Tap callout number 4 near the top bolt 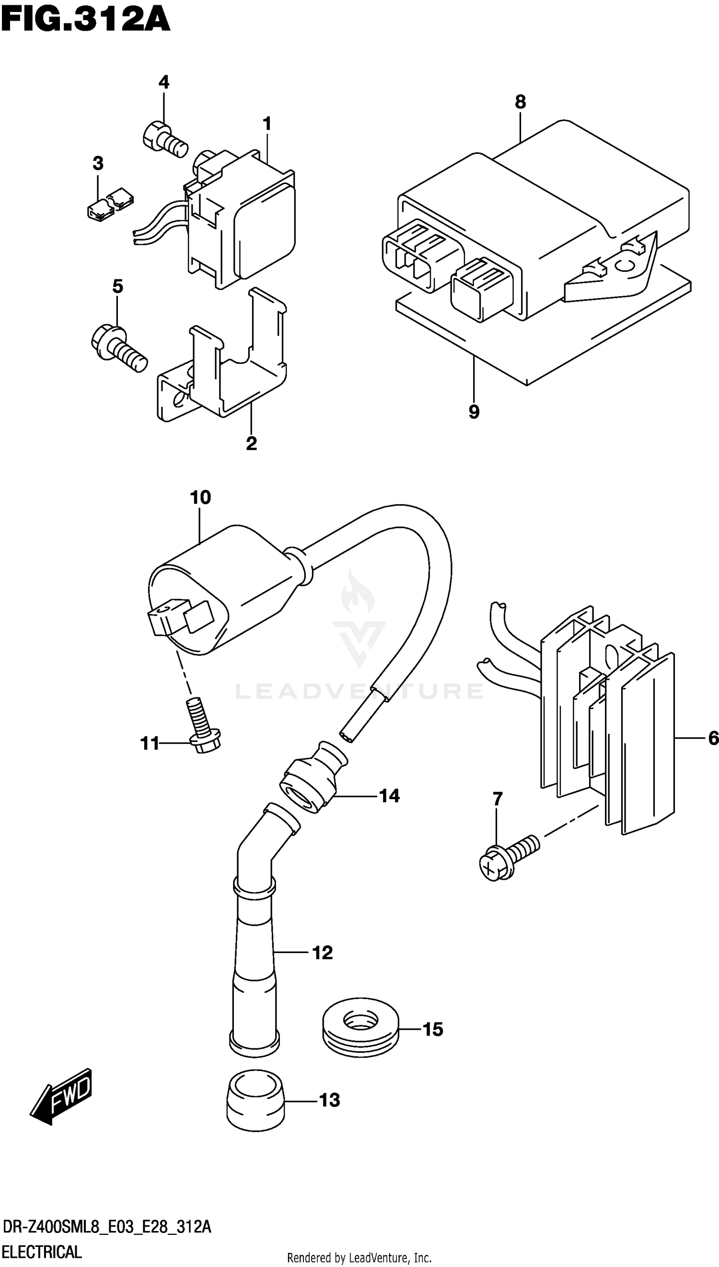coord(164,82)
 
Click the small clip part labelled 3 coord(110,203)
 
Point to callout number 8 coord(521,102)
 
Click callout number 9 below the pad coord(474,411)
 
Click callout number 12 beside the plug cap coord(323,953)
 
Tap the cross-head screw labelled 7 coord(508,860)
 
